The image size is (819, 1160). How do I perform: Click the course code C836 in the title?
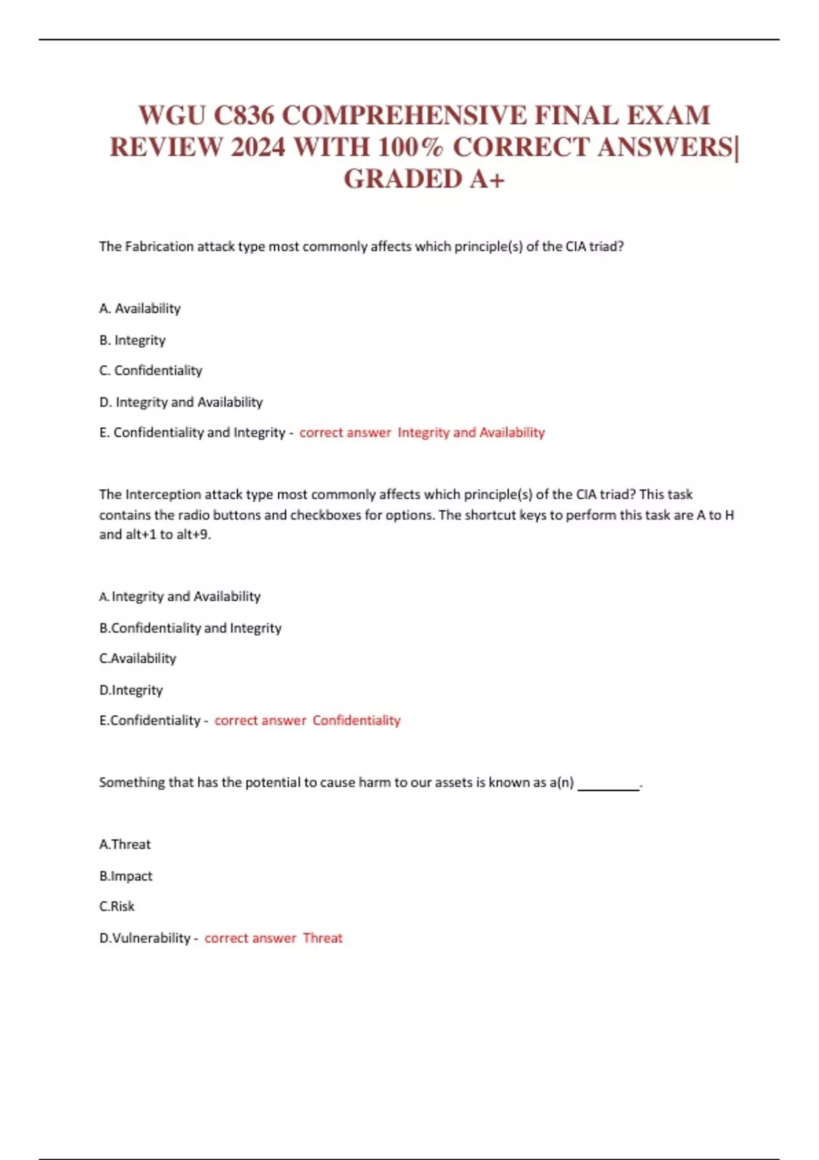tap(244, 115)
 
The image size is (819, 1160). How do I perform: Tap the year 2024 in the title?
tap(257, 147)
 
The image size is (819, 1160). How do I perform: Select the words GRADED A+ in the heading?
tap(424, 179)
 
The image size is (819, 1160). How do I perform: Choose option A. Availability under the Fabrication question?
tap(140, 308)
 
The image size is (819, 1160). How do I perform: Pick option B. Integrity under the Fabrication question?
tap(132, 340)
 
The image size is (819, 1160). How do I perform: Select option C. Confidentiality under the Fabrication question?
tap(151, 371)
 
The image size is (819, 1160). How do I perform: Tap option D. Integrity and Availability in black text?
tap(181, 402)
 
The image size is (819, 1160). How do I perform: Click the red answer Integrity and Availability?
tap(471, 433)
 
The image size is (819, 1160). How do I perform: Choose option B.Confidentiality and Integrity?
tap(190, 628)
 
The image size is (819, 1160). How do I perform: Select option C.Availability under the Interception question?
tap(138, 658)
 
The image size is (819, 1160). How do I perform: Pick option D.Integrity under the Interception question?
tap(131, 690)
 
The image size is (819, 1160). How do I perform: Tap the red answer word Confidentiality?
tap(356, 721)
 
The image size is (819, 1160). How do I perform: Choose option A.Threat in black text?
tap(125, 844)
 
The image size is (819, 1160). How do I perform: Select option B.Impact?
tap(126, 875)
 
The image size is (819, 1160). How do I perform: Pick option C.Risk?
tap(117, 906)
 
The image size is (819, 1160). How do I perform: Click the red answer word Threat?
tap(322, 938)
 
